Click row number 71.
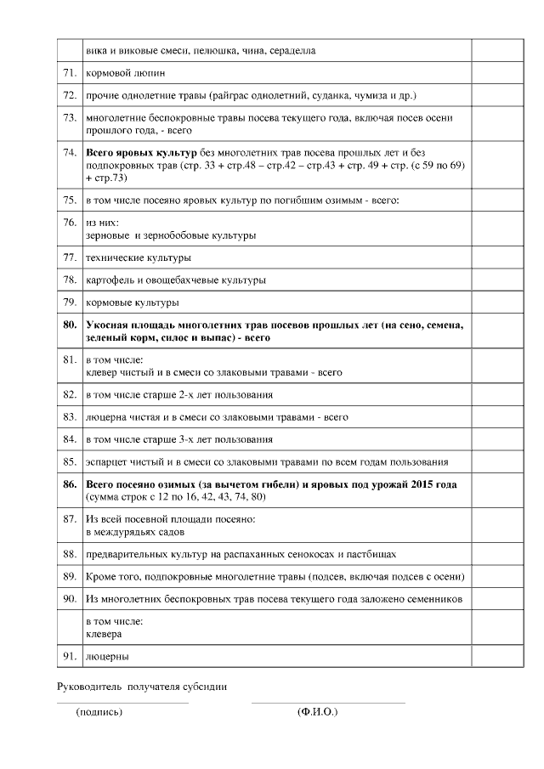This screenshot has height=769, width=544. point(70,73)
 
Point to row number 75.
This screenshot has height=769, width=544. point(70,200)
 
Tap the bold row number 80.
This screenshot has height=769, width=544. point(70,325)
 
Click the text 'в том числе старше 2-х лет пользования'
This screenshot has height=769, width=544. point(179,394)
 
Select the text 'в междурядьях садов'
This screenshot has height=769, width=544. point(135,532)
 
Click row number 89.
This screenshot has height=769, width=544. point(70,576)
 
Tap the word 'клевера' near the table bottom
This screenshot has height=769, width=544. point(104,634)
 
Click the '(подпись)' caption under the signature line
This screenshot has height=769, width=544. point(99,712)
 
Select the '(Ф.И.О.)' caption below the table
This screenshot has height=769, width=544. point(317,712)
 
